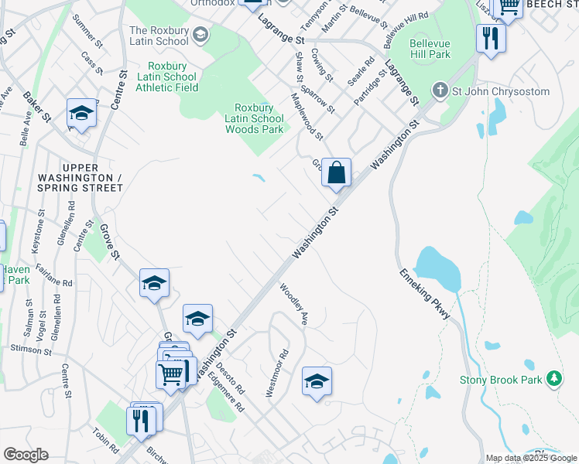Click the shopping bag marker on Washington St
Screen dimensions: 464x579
point(337,172)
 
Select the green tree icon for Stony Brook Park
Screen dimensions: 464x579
point(553,378)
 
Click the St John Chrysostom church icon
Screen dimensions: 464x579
point(440,91)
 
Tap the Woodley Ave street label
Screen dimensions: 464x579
point(294,305)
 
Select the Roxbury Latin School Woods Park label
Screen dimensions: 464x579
point(254,118)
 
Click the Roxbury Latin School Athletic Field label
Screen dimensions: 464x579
point(166,77)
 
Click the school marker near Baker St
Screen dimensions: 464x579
point(81,114)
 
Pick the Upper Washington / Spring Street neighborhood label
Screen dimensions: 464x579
point(92,177)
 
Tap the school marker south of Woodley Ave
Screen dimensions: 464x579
point(317,381)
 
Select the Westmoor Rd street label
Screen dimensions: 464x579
point(276,373)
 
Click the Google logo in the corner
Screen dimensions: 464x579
point(26,454)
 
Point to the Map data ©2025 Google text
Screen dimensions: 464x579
point(531,458)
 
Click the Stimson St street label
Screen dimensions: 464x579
point(31,350)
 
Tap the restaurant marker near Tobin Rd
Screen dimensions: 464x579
point(141,420)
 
